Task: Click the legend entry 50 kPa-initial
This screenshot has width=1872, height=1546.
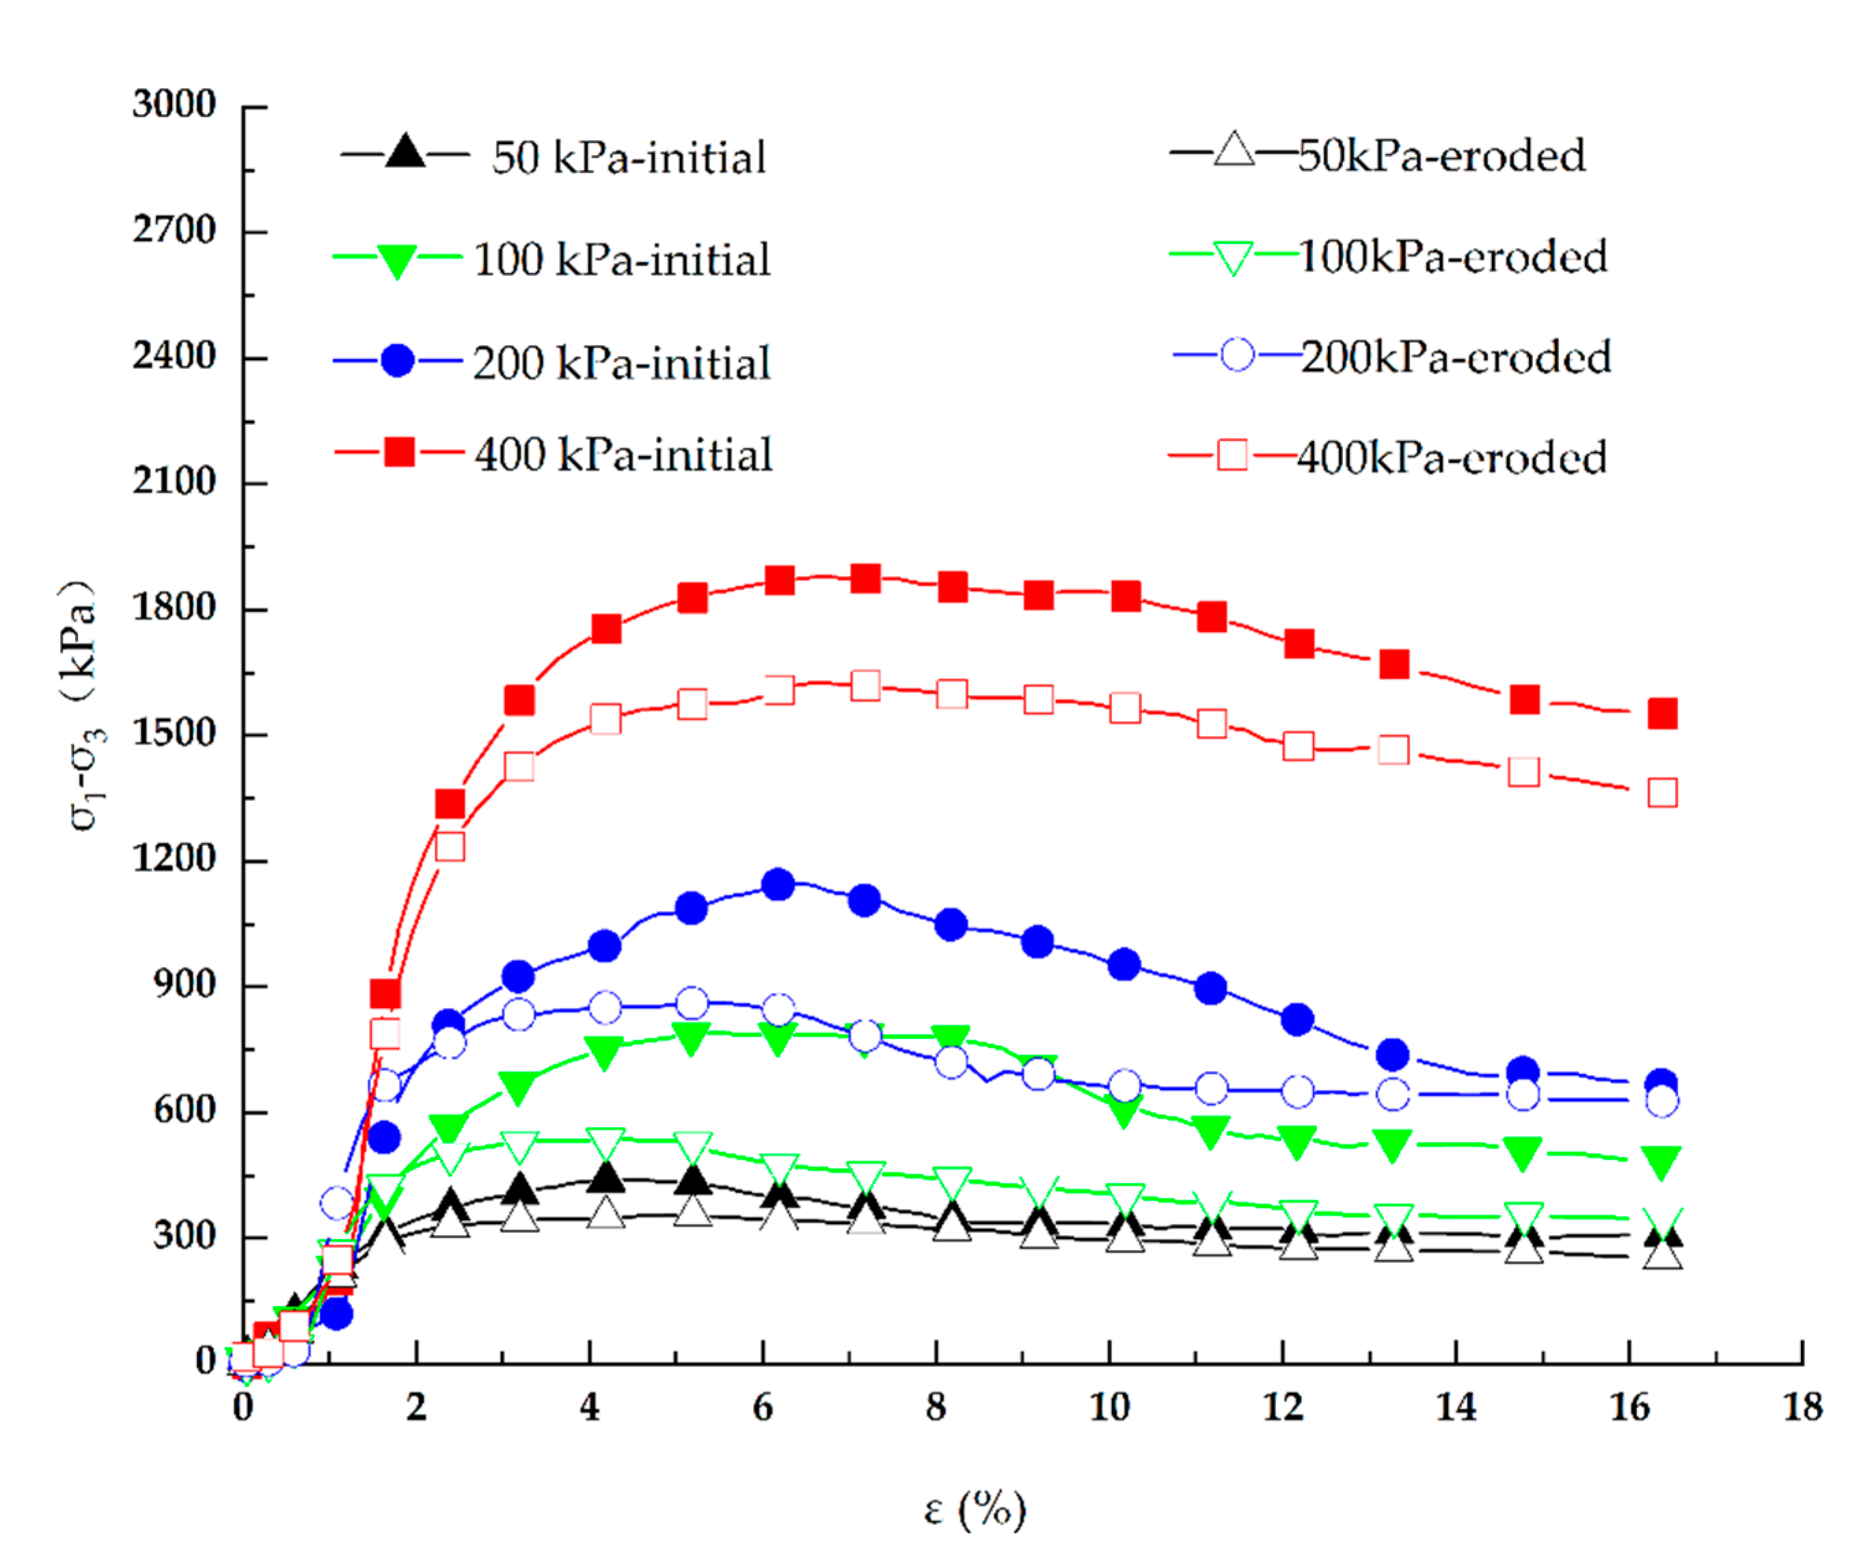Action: (x=628, y=158)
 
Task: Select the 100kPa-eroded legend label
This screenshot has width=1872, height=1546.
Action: (x=1452, y=256)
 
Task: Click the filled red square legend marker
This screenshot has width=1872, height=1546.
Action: (x=399, y=452)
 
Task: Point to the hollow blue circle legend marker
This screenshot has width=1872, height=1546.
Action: (x=1236, y=355)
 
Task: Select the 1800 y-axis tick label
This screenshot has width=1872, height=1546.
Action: (x=174, y=608)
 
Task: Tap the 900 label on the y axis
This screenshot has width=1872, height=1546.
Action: (x=185, y=984)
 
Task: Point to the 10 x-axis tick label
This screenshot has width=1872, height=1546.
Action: (x=1109, y=1407)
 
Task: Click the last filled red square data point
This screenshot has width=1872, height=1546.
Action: (x=1661, y=714)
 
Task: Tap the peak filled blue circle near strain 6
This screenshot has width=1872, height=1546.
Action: (x=778, y=884)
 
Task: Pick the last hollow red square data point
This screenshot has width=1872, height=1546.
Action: (x=1661, y=791)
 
